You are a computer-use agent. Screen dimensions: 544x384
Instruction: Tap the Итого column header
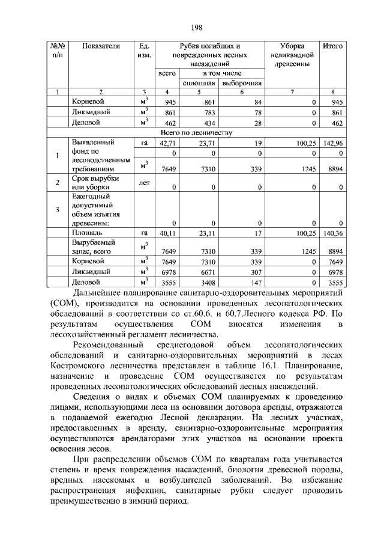[332, 46]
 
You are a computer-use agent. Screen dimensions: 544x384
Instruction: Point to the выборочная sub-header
[241, 82]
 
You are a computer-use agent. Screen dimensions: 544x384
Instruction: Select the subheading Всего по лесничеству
[196, 133]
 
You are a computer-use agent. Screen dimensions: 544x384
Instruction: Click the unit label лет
[143, 180]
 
